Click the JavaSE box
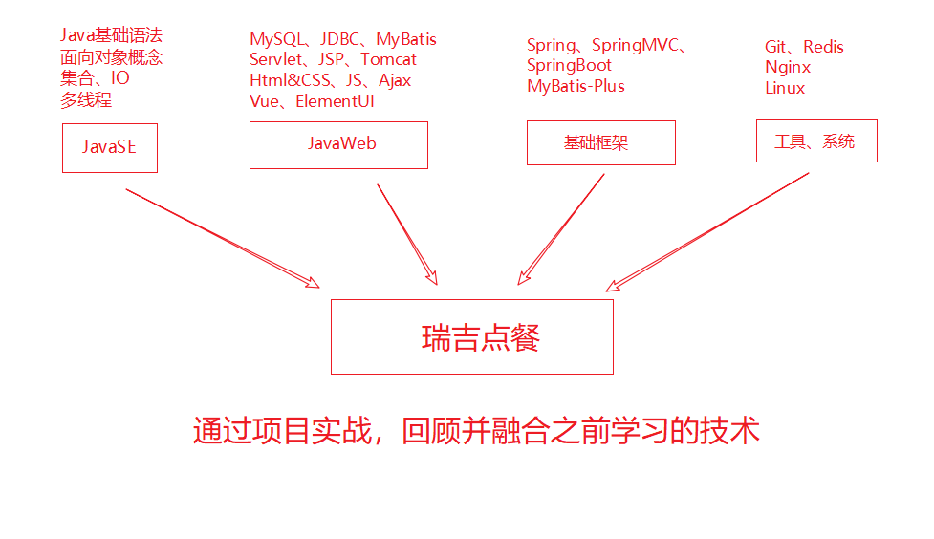coord(109,146)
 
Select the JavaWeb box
coord(338,144)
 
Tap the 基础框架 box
coord(600,142)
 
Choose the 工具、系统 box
coord(815,140)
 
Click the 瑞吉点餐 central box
coord(471,336)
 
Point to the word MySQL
coord(277,39)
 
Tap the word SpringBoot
coord(569,65)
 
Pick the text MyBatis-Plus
coord(576,86)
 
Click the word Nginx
coord(788,67)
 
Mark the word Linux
coord(785,88)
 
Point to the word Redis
coord(824,47)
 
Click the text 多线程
coord(86,99)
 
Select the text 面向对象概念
coord(111,57)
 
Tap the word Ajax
coord(395,80)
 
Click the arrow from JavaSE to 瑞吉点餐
coord(221,237)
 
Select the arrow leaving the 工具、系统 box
coord(708,230)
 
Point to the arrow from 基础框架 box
coord(562,228)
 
